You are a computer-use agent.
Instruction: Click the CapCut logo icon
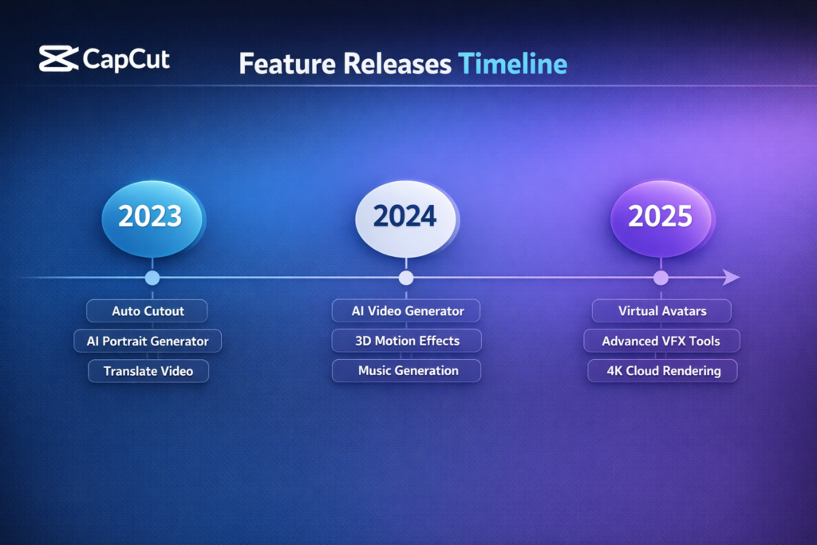click(58, 59)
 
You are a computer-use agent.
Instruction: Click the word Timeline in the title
click(512, 64)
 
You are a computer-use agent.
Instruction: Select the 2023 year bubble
click(152, 215)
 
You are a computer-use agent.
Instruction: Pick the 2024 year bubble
click(406, 215)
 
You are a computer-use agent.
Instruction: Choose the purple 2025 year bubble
click(660, 215)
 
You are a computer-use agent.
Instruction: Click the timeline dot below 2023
click(152, 278)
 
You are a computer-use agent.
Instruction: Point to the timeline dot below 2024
click(406, 278)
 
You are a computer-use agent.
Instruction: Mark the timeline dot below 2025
click(661, 278)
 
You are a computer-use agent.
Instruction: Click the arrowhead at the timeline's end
click(731, 278)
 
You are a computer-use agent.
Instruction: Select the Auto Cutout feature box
click(148, 310)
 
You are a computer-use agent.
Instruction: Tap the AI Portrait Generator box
click(148, 341)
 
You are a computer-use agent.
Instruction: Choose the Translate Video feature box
click(148, 371)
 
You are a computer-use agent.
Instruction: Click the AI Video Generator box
click(407, 310)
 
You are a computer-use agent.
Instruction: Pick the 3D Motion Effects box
click(407, 341)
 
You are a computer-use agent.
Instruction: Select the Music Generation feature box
click(407, 371)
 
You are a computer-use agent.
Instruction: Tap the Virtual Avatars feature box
click(662, 310)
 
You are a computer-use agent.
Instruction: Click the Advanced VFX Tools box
click(662, 341)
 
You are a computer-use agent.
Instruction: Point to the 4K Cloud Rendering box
click(662, 371)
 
